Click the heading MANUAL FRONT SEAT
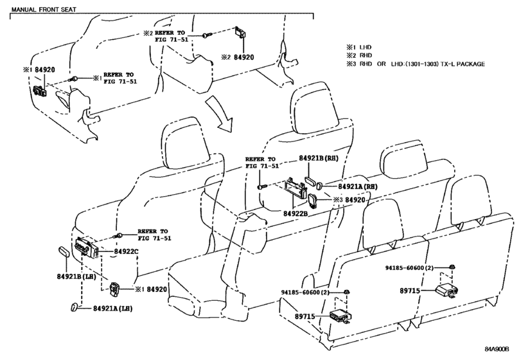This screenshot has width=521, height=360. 44,9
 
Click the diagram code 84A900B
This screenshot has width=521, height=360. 497,349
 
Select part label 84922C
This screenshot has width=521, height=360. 126,251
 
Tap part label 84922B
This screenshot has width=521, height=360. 296,213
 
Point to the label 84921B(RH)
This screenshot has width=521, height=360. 318,158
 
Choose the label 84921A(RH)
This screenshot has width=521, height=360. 358,187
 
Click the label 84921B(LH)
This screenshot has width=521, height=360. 76,276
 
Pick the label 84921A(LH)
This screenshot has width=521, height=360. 112,309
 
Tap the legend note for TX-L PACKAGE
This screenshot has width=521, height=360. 416,64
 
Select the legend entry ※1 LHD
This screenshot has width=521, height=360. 359,47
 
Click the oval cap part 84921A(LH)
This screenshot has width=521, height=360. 74,307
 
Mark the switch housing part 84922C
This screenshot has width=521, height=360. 85,248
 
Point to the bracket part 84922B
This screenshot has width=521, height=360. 295,189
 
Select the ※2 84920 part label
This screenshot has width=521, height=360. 238,57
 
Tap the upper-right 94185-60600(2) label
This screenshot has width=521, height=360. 409,268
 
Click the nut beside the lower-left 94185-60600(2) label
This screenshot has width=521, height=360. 346,292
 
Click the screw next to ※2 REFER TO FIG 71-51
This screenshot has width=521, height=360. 206,35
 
